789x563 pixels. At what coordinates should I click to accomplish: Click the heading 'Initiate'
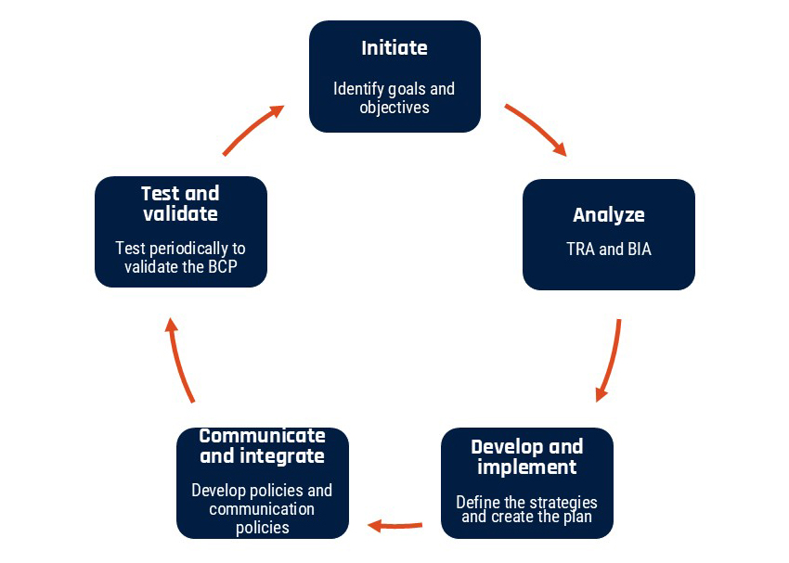394,48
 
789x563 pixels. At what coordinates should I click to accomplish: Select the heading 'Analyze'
609,215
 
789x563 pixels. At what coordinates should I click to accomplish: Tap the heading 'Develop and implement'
527,456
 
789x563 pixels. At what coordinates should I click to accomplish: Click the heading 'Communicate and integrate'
263,445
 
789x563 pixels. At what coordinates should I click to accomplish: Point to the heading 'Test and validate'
180,203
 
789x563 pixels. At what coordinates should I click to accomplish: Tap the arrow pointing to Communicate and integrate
395,526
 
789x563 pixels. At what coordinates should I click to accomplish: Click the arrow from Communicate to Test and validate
180,360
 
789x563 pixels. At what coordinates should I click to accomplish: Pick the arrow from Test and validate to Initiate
253,130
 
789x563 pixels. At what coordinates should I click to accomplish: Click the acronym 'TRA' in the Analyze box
582,250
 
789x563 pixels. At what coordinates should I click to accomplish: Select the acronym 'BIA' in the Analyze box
637,250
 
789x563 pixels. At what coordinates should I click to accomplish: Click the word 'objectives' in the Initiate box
394,107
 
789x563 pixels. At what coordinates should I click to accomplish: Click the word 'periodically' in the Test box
196,249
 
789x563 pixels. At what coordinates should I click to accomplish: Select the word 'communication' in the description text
262,509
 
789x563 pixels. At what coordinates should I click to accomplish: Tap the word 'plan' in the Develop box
576,516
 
